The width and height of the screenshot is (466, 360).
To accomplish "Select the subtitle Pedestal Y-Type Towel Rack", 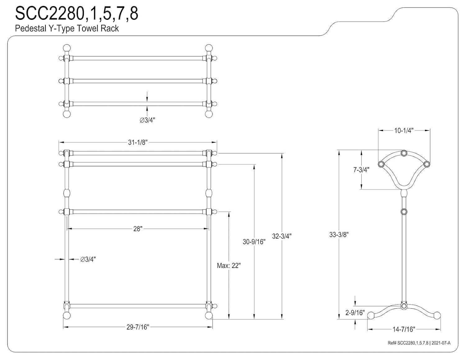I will [67, 29].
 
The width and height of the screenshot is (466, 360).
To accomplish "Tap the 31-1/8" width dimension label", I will [137, 142].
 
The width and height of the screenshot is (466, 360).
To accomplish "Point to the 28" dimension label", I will [138, 229].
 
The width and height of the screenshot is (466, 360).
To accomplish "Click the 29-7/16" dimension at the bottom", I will [138, 327].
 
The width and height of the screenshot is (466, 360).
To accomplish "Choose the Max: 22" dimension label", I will [229, 266].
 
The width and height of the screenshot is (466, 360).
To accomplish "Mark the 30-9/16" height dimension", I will [254, 241].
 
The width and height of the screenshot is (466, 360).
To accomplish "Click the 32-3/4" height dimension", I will [282, 236].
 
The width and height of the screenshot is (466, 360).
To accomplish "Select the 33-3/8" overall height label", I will [339, 235].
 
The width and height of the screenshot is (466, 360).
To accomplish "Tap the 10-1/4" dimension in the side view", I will [404, 130].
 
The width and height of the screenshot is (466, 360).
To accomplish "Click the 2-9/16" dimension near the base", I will [355, 313].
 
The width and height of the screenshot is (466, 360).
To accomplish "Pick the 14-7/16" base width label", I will [404, 329].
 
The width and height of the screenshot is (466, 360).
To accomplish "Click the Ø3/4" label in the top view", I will [147, 120].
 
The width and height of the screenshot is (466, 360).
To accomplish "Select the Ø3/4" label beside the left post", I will [88, 259].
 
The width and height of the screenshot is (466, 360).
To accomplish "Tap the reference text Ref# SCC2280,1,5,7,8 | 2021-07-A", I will [419, 343].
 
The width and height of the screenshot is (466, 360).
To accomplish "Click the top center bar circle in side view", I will [404, 153].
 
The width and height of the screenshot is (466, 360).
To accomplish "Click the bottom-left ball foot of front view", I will [66, 316].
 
